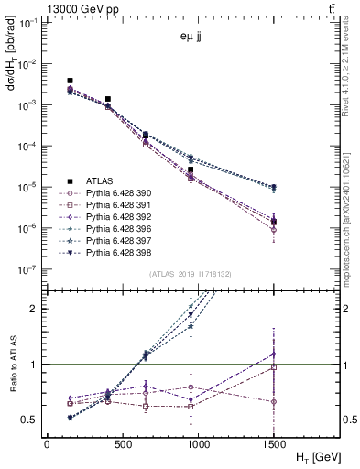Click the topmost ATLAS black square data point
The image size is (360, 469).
pos(71,81)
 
